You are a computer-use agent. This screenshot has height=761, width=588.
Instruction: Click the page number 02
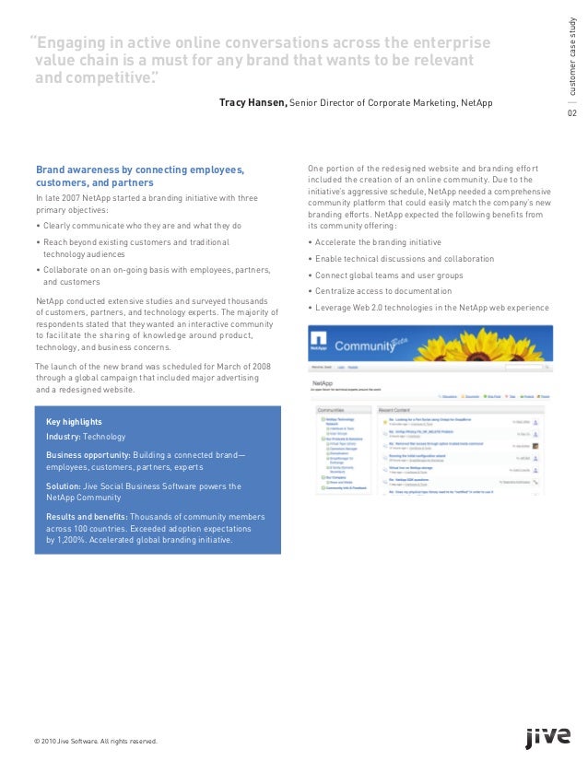[571, 113]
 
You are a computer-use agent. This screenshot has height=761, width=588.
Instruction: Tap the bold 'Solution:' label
[66, 486]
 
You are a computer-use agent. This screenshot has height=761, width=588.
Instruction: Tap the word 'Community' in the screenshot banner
[377, 347]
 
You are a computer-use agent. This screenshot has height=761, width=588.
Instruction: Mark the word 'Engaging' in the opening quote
[73, 44]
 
